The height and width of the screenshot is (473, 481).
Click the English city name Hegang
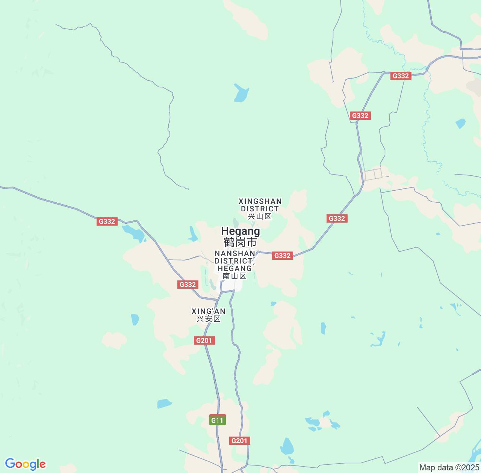tap(240, 231)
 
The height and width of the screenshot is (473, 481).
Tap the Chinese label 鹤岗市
tap(240, 242)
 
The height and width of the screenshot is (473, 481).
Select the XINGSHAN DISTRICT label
tap(260, 205)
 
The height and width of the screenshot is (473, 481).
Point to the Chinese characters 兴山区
tap(260, 216)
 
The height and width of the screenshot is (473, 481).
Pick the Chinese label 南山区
tap(234, 276)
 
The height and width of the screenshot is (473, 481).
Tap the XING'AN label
tap(209, 311)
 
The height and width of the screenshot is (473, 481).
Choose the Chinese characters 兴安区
tap(209, 319)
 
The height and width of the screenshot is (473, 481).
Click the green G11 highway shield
tap(217, 420)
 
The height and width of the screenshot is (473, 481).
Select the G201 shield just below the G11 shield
tap(240, 441)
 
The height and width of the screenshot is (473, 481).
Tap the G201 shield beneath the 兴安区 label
tap(205, 340)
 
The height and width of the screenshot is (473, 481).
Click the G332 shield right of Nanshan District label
tap(282, 256)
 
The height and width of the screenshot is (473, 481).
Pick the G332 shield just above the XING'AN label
tap(188, 285)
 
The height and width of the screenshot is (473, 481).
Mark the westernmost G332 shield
tap(107, 221)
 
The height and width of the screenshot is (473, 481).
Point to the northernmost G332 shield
tap(401, 76)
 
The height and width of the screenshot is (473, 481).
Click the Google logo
tap(25, 464)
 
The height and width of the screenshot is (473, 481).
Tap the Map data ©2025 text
tap(449, 468)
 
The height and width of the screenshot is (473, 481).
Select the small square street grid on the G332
tap(373, 174)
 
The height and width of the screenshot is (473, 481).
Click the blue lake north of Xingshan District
tap(241, 93)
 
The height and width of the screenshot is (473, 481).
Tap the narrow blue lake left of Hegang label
tap(193, 234)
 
